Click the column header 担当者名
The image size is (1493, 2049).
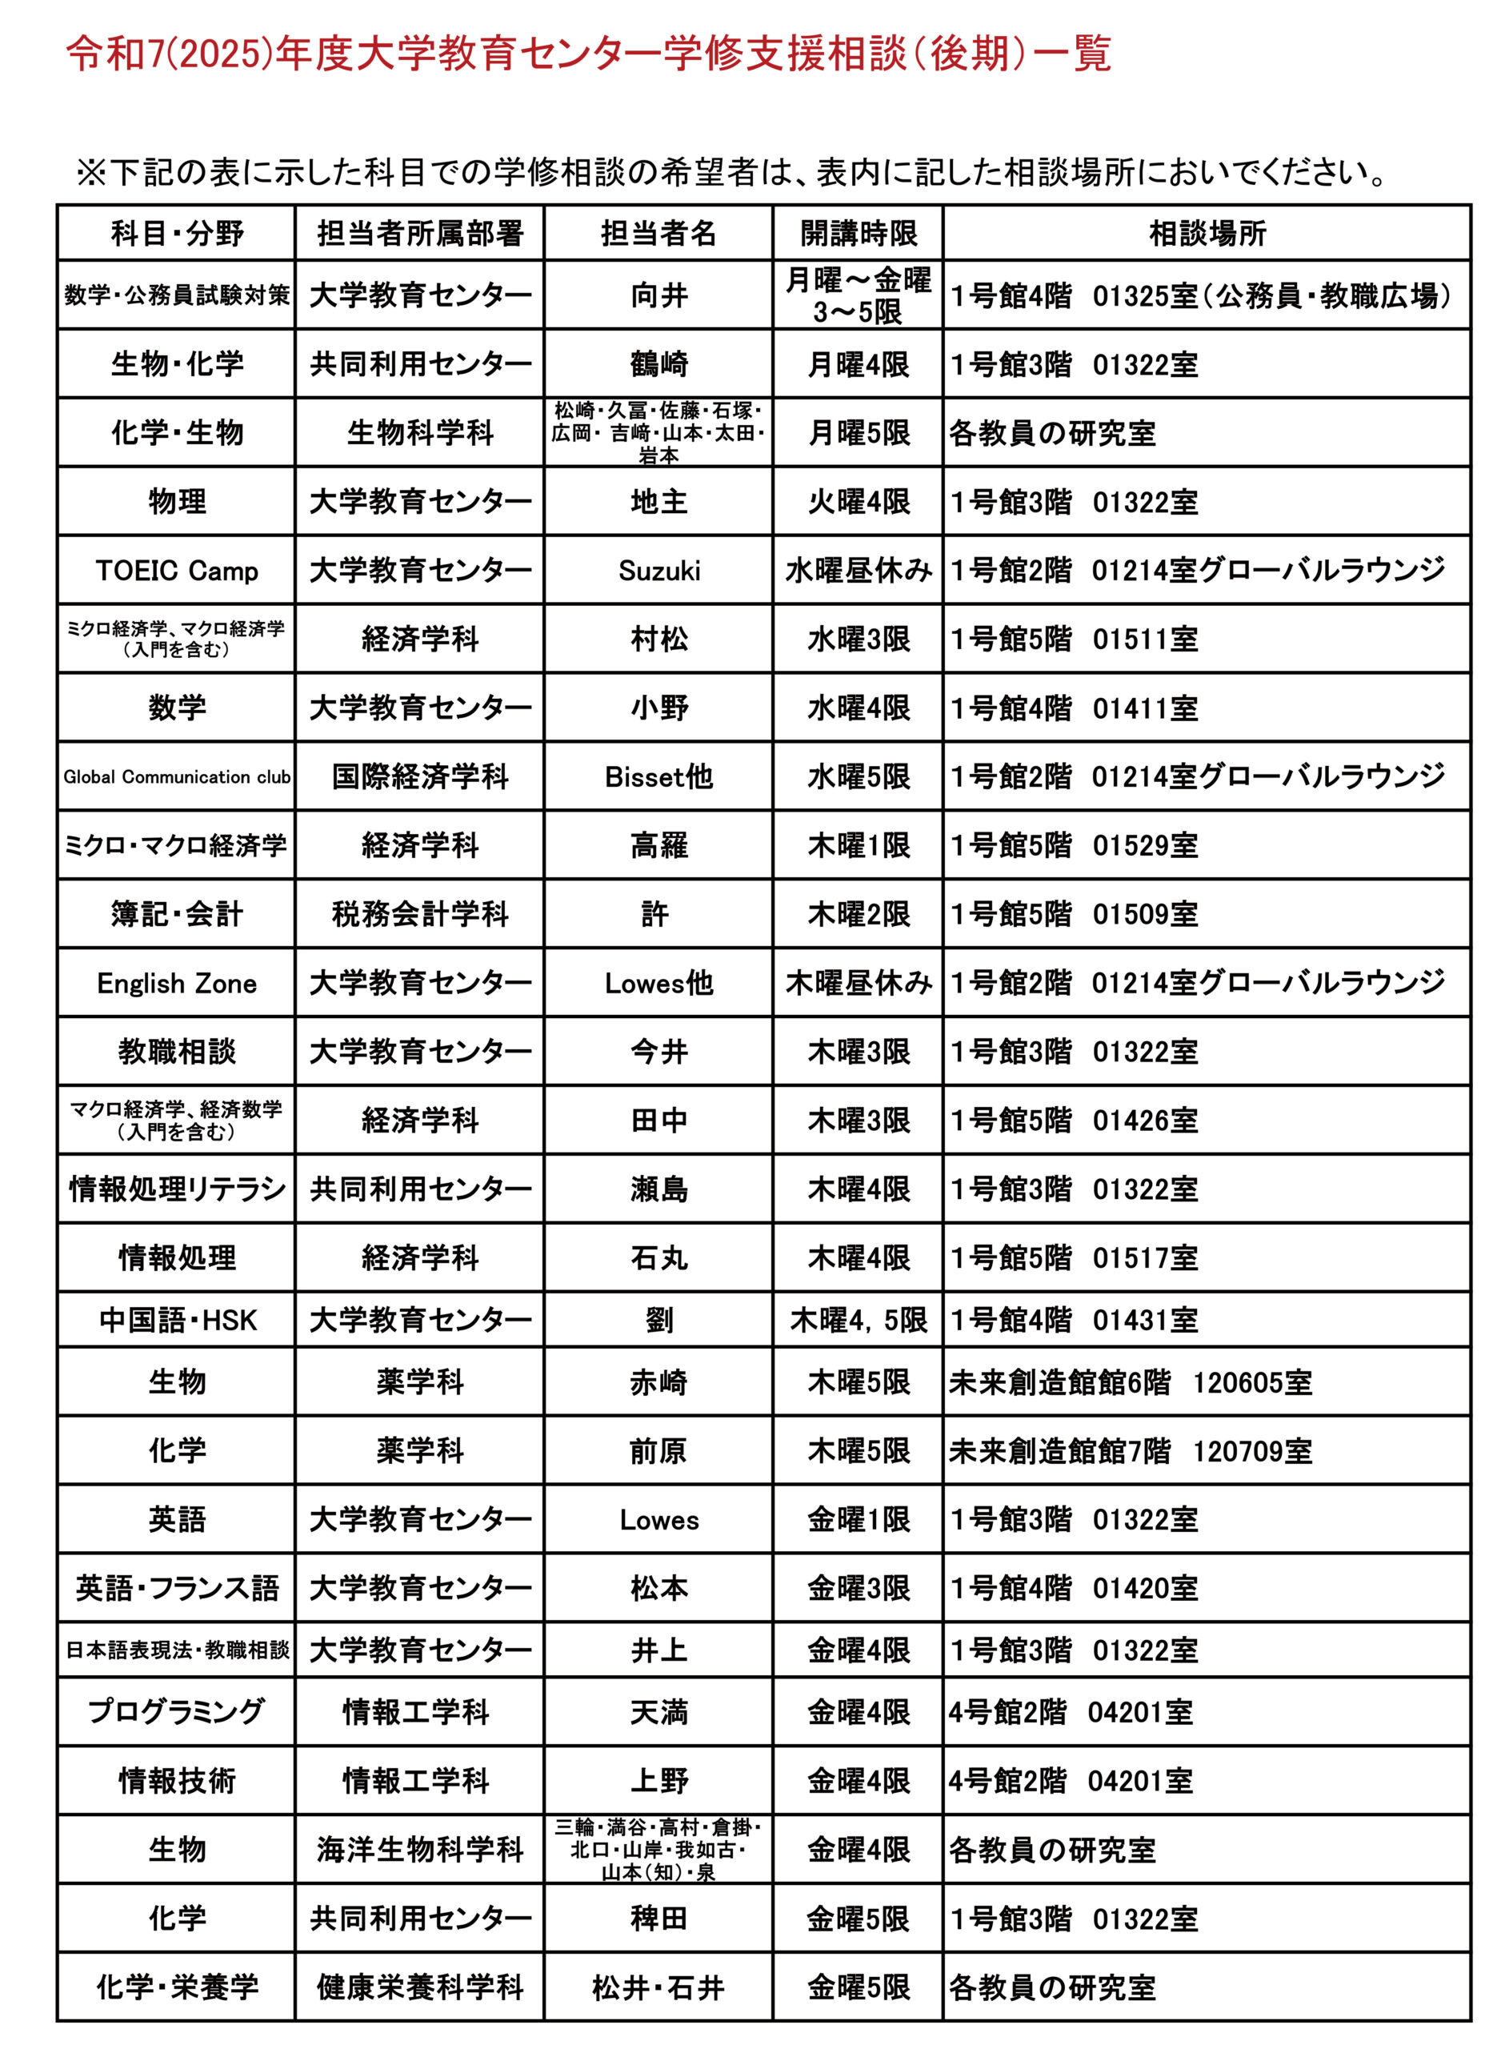tap(658, 234)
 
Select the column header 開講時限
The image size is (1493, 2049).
tap(858, 234)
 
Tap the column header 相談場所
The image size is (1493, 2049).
tap(1207, 234)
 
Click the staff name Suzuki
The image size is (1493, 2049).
tap(658, 571)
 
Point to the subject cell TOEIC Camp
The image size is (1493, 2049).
tap(177, 571)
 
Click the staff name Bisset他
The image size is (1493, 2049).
tap(658, 776)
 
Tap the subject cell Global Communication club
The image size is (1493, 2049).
tap(177, 776)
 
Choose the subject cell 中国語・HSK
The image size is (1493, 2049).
tap(177, 1321)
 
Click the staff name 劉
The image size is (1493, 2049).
tap(658, 1321)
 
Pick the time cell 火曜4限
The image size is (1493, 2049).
tap(858, 502)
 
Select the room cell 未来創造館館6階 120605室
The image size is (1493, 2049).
tap(1130, 1382)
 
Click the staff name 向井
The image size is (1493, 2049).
tap(658, 295)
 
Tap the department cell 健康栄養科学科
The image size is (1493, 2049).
tap(420, 1987)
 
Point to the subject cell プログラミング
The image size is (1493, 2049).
tap(177, 1712)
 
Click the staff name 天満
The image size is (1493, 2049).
tap(658, 1712)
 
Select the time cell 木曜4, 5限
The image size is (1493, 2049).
tap(858, 1321)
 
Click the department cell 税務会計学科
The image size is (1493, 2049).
tap(420, 914)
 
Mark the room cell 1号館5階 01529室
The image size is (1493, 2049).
tap(1074, 845)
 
